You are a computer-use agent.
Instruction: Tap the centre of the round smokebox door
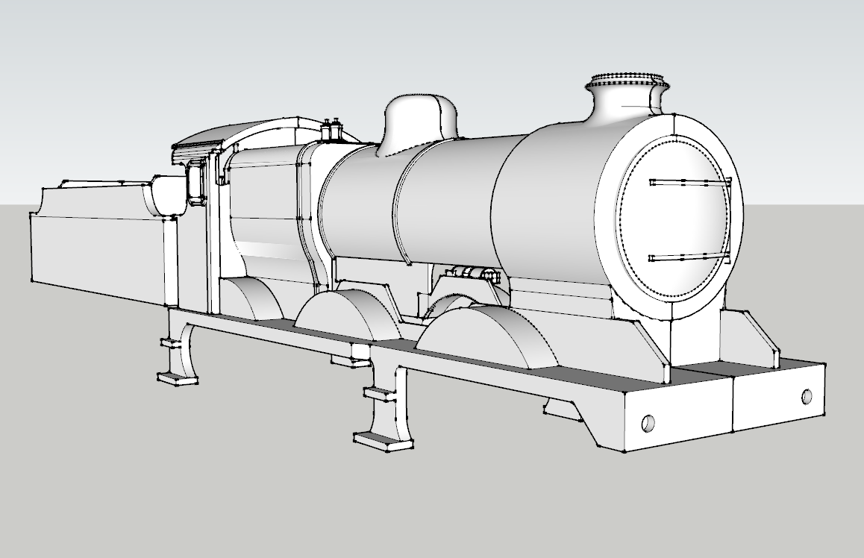(672, 221)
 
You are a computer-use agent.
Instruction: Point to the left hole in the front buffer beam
(648, 424)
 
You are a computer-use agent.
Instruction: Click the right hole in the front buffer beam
(807, 396)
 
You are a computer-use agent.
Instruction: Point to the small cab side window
(195, 184)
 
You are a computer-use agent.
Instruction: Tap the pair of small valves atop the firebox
(330, 128)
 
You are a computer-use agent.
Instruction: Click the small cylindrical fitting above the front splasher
(474, 273)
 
